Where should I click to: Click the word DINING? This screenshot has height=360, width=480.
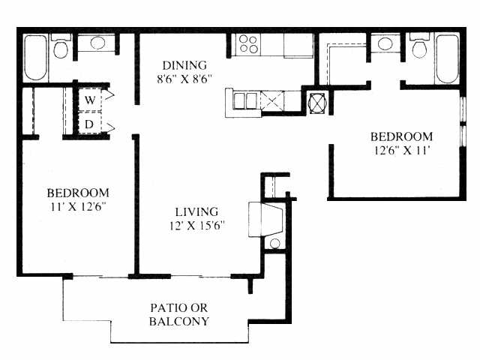pos(184,65)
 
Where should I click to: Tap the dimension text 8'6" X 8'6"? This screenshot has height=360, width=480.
pos(184,79)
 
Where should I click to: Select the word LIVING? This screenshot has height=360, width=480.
pos(196,211)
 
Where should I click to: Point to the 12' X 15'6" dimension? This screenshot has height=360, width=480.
pos(196,226)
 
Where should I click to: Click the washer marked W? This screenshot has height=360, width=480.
pos(90,100)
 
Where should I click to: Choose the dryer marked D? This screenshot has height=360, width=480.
pos(90,124)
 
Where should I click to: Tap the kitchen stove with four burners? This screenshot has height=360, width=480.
pos(248,44)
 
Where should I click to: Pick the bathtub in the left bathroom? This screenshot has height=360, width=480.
pos(35,58)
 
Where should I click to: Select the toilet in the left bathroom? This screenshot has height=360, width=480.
pos(61,46)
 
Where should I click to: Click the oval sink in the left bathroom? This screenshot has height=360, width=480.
pos(97,43)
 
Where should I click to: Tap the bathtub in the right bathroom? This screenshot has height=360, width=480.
pos(447,58)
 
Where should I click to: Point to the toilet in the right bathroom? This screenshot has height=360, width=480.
pos(419,46)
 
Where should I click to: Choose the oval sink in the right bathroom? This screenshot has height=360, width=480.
pos(385,43)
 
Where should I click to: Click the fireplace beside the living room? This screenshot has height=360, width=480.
pos(265,220)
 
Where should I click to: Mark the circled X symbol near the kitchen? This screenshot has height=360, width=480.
pos(317,103)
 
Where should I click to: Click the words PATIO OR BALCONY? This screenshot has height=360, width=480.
pos(179,315)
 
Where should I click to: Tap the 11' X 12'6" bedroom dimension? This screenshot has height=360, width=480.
pos(78,207)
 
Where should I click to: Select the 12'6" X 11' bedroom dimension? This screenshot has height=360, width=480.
pos(401,150)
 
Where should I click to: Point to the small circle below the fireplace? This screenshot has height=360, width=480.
pos(275,244)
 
